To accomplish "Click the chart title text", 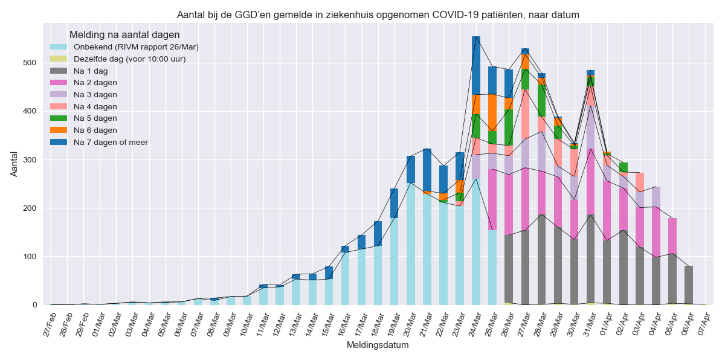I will [378, 14].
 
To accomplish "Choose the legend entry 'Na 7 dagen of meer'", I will [111, 142].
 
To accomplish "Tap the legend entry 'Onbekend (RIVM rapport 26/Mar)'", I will [136, 47].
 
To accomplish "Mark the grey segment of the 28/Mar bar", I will [541, 259].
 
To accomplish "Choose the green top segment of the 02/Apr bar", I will [623, 167].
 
